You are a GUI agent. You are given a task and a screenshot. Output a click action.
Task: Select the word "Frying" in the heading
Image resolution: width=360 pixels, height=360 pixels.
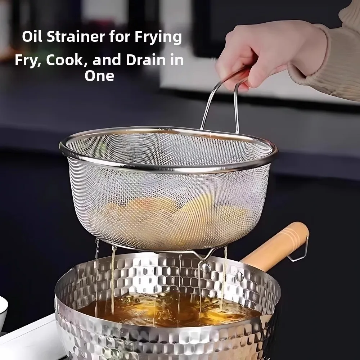158,37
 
